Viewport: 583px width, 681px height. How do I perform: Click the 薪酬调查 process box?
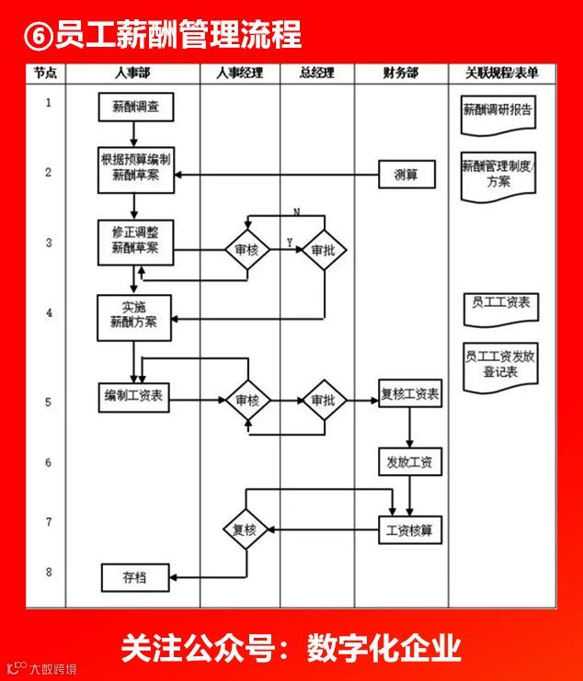tap(133, 108)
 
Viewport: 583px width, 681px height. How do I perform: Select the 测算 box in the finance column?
tap(406, 175)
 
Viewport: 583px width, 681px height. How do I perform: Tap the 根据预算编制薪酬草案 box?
tap(135, 169)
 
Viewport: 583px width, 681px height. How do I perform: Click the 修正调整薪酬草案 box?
tap(135, 242)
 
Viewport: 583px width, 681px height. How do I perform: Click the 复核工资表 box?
tap(410, 398)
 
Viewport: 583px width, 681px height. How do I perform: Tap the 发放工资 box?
tap(410, 463)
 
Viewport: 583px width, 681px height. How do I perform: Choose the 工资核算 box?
tap(410, 530)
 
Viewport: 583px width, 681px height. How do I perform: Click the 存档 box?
tap(133, 578)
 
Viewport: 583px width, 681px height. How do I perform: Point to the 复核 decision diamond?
tap(245, 530)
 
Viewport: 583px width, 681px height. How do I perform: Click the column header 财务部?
tap(402, 73)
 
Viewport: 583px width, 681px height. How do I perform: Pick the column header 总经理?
tap(316, 73)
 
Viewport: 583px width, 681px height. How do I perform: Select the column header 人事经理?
tap(239, 73)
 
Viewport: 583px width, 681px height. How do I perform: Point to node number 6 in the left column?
tap(48, 463)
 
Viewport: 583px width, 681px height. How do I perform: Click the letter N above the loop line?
tap(296, 212)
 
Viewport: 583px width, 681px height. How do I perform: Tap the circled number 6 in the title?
tap(37, 36)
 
